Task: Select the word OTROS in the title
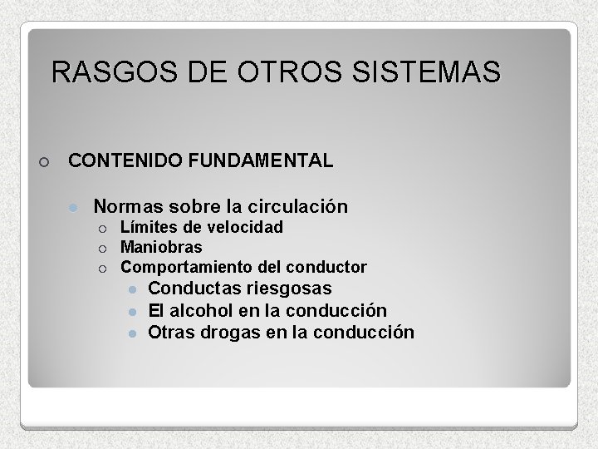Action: (285, 72)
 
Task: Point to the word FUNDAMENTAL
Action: (261, 160)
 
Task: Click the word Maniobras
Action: (161, 247)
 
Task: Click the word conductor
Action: (326, 267)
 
